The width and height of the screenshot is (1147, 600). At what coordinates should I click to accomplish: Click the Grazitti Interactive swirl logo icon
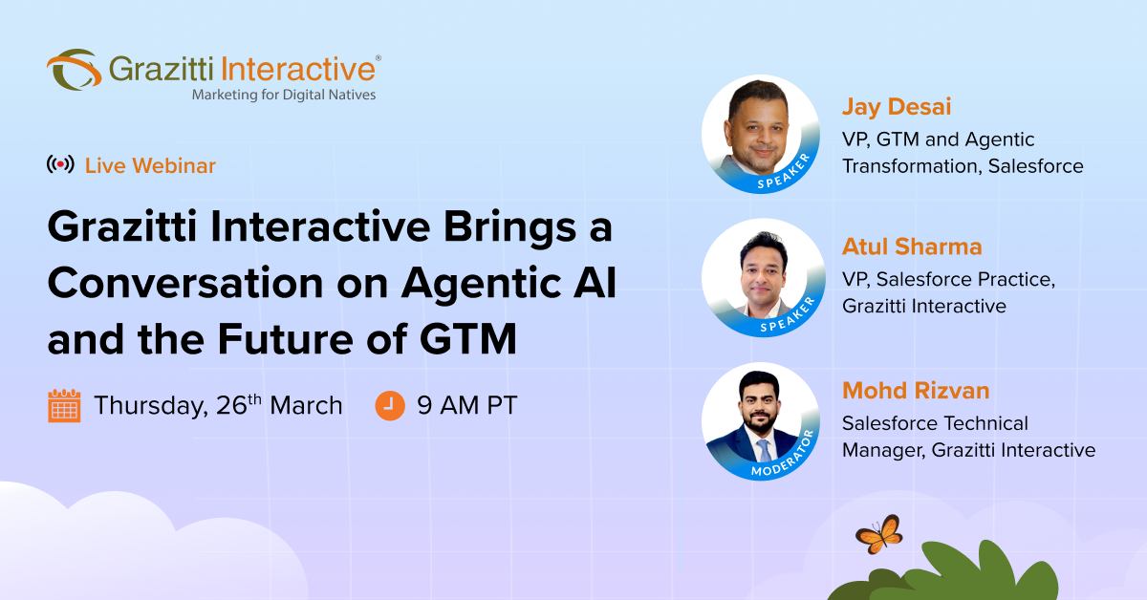click(73, 70)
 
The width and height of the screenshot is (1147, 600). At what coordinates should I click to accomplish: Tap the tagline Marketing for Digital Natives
click(284, 95)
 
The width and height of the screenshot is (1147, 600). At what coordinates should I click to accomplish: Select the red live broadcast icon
click(60, 165)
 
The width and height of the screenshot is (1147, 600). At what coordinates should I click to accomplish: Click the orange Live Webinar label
click(150, 165)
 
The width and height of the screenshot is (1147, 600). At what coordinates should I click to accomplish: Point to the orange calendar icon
click(64, 405)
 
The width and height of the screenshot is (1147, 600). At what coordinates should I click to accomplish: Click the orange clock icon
click(389, 405)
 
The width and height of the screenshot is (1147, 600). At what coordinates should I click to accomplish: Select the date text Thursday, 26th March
click(218, 405)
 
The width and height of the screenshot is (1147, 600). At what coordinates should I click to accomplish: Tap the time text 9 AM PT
click(466, 405)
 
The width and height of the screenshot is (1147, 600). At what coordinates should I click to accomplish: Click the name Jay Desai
click(896, 106)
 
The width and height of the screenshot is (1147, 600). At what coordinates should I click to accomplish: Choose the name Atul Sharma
click(911, 246)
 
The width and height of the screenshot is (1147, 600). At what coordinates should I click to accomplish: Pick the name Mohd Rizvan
click(915, 390)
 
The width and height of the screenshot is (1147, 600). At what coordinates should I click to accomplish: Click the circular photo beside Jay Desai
click(761, 133)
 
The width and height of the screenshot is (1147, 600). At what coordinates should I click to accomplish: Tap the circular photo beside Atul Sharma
click(761, 277)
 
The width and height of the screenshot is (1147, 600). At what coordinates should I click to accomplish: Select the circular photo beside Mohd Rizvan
click(761, 421)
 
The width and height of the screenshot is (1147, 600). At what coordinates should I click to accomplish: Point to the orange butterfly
click(878, 533)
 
